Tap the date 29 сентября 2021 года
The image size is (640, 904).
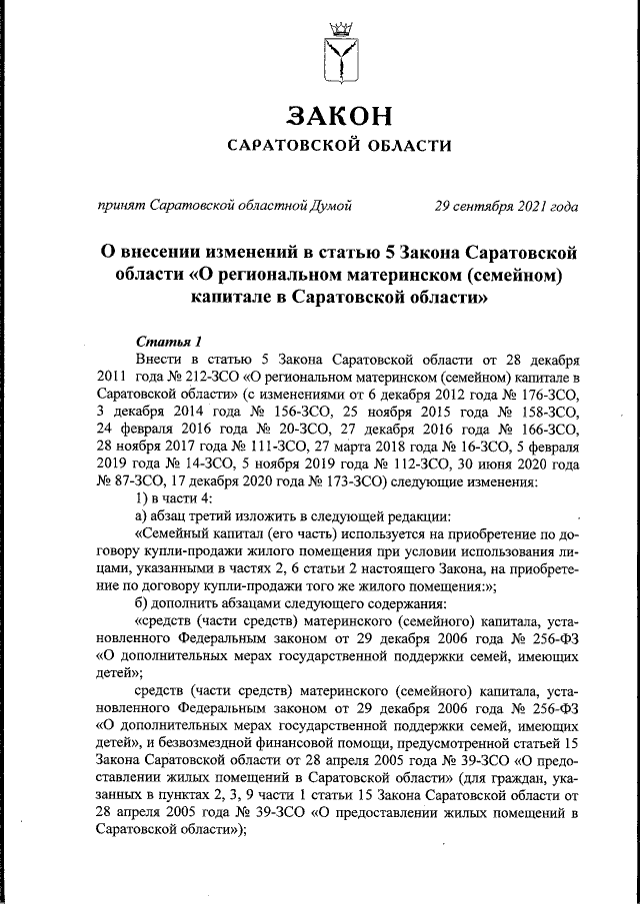(505, 207)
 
